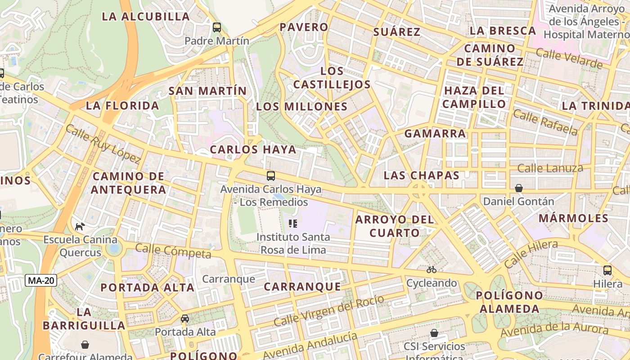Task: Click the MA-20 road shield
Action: click(x=41, y=280)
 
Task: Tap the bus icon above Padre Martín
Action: click(x=217, y=27)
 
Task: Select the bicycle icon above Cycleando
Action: click(x=432, y=270)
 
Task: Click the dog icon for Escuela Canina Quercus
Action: click(x=80, y=226)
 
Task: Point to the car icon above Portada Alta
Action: click(x=185, y=319)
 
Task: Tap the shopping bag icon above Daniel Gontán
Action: click(x=519, y=188)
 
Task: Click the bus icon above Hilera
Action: click(x=607, y=270)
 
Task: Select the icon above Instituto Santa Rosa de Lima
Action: click(x=293, y=224)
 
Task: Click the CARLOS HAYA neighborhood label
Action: click(x=253, y=149)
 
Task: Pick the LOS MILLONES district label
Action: click(x=302, y=107)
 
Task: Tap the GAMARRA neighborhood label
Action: click(x=435, y=134)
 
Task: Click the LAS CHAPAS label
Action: click(x=422, y=175)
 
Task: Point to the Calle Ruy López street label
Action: click(x=103, y=144)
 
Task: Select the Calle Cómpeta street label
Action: click(x=173, y=251)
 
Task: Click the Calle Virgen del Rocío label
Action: click(x=329, y=310)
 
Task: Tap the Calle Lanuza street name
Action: click(x=550, y=168)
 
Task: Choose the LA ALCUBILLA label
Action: click(x=146, y=17)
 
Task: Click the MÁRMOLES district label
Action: click(x=573, y=218)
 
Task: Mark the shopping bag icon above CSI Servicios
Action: click(x=434, y=333)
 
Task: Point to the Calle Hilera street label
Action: click(x=531, y=254)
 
